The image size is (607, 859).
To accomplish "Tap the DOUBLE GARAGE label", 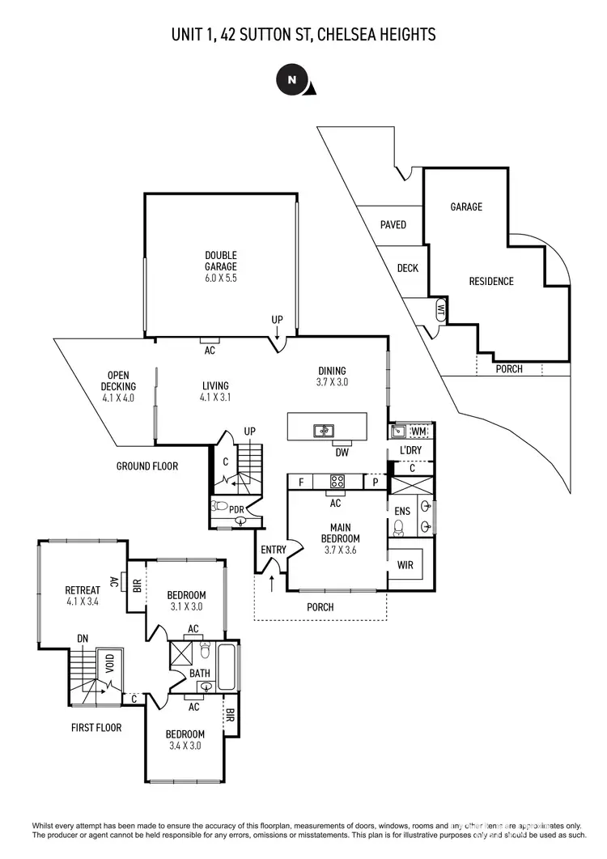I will pyautogui.click(x=220, y=266).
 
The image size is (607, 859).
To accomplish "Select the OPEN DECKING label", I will pyautogui.click(x=117, y=386).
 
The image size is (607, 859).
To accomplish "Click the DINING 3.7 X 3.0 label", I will pyautogui.click(x=332, y=376).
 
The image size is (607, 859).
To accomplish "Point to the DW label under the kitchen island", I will pyautogui.click(x=342, y=453).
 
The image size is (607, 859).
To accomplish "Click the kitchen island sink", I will pyautogui.click(x=324, y=431).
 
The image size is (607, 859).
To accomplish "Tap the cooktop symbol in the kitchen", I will pyautogui.click(x=337, y=482).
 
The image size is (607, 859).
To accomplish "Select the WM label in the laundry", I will pyautogui.click(x=418, y=432).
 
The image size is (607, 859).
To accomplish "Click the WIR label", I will pyautogui.click(x=405, y=565).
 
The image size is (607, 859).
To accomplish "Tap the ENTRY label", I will pyautogui.click(x=274, y=551).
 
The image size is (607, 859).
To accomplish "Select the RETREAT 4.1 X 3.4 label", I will pyautogui.click(x=83, y=595).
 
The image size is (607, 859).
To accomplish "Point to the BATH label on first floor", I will pyautogui.click(x=200, y=673).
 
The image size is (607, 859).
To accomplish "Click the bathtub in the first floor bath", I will pyautogui.click(x=227, y=666).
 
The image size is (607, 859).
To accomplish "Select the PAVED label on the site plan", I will pyautogui.click(x=393, y=225).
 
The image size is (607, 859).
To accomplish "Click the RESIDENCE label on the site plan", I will pyautogui.click(x=491, y=282).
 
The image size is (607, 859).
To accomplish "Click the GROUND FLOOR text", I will pyautogui.click(x=147, y=466).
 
